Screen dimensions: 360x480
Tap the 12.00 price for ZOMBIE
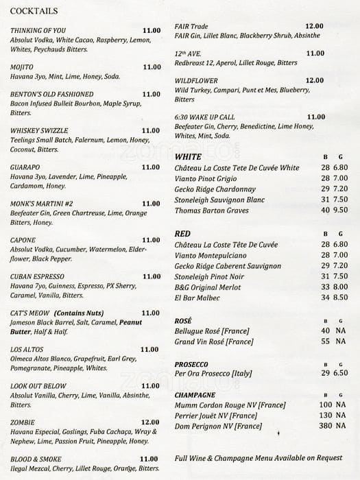pyautogui.click(x=151, y=422)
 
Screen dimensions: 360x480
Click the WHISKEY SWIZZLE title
pyautogui.click(x=40, y=130)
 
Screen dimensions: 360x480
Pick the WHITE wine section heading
pyautogui.click(x=188, y=157)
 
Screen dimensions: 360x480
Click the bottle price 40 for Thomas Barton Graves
pyautogui.click(x=325, y=211)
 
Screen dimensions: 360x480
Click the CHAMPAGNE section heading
pyautogui.click(x=195, y=395)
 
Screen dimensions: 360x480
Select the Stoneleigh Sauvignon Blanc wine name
pyautogui.click(x=220, y=200)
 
